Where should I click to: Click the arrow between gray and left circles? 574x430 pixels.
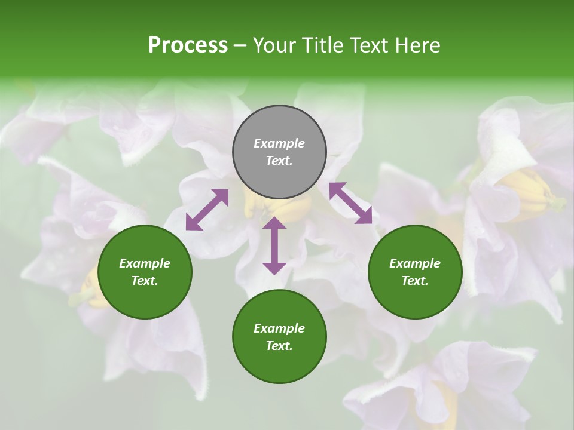(x=207, y=210)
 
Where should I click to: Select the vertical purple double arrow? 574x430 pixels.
(x=274, y=245)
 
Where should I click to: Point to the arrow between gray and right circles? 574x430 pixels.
(x=350, y=203)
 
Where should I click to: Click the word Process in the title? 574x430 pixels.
(x=188, y=45)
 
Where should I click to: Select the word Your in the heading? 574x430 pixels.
(x=275, y=45)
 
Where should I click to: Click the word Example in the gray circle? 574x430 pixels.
(x=279, y=143)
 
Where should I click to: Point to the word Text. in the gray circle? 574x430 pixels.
(x=279, y=161)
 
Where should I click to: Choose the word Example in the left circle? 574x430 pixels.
(x=145, y=263)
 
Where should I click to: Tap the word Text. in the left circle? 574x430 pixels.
(x=145, y=281)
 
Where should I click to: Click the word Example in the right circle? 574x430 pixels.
(x=415, y=263)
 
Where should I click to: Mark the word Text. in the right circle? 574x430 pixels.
(x=415, y=281)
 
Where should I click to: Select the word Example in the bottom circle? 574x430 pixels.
(x=279, y=328)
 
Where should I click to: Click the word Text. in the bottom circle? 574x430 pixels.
(x=279, y=346)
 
